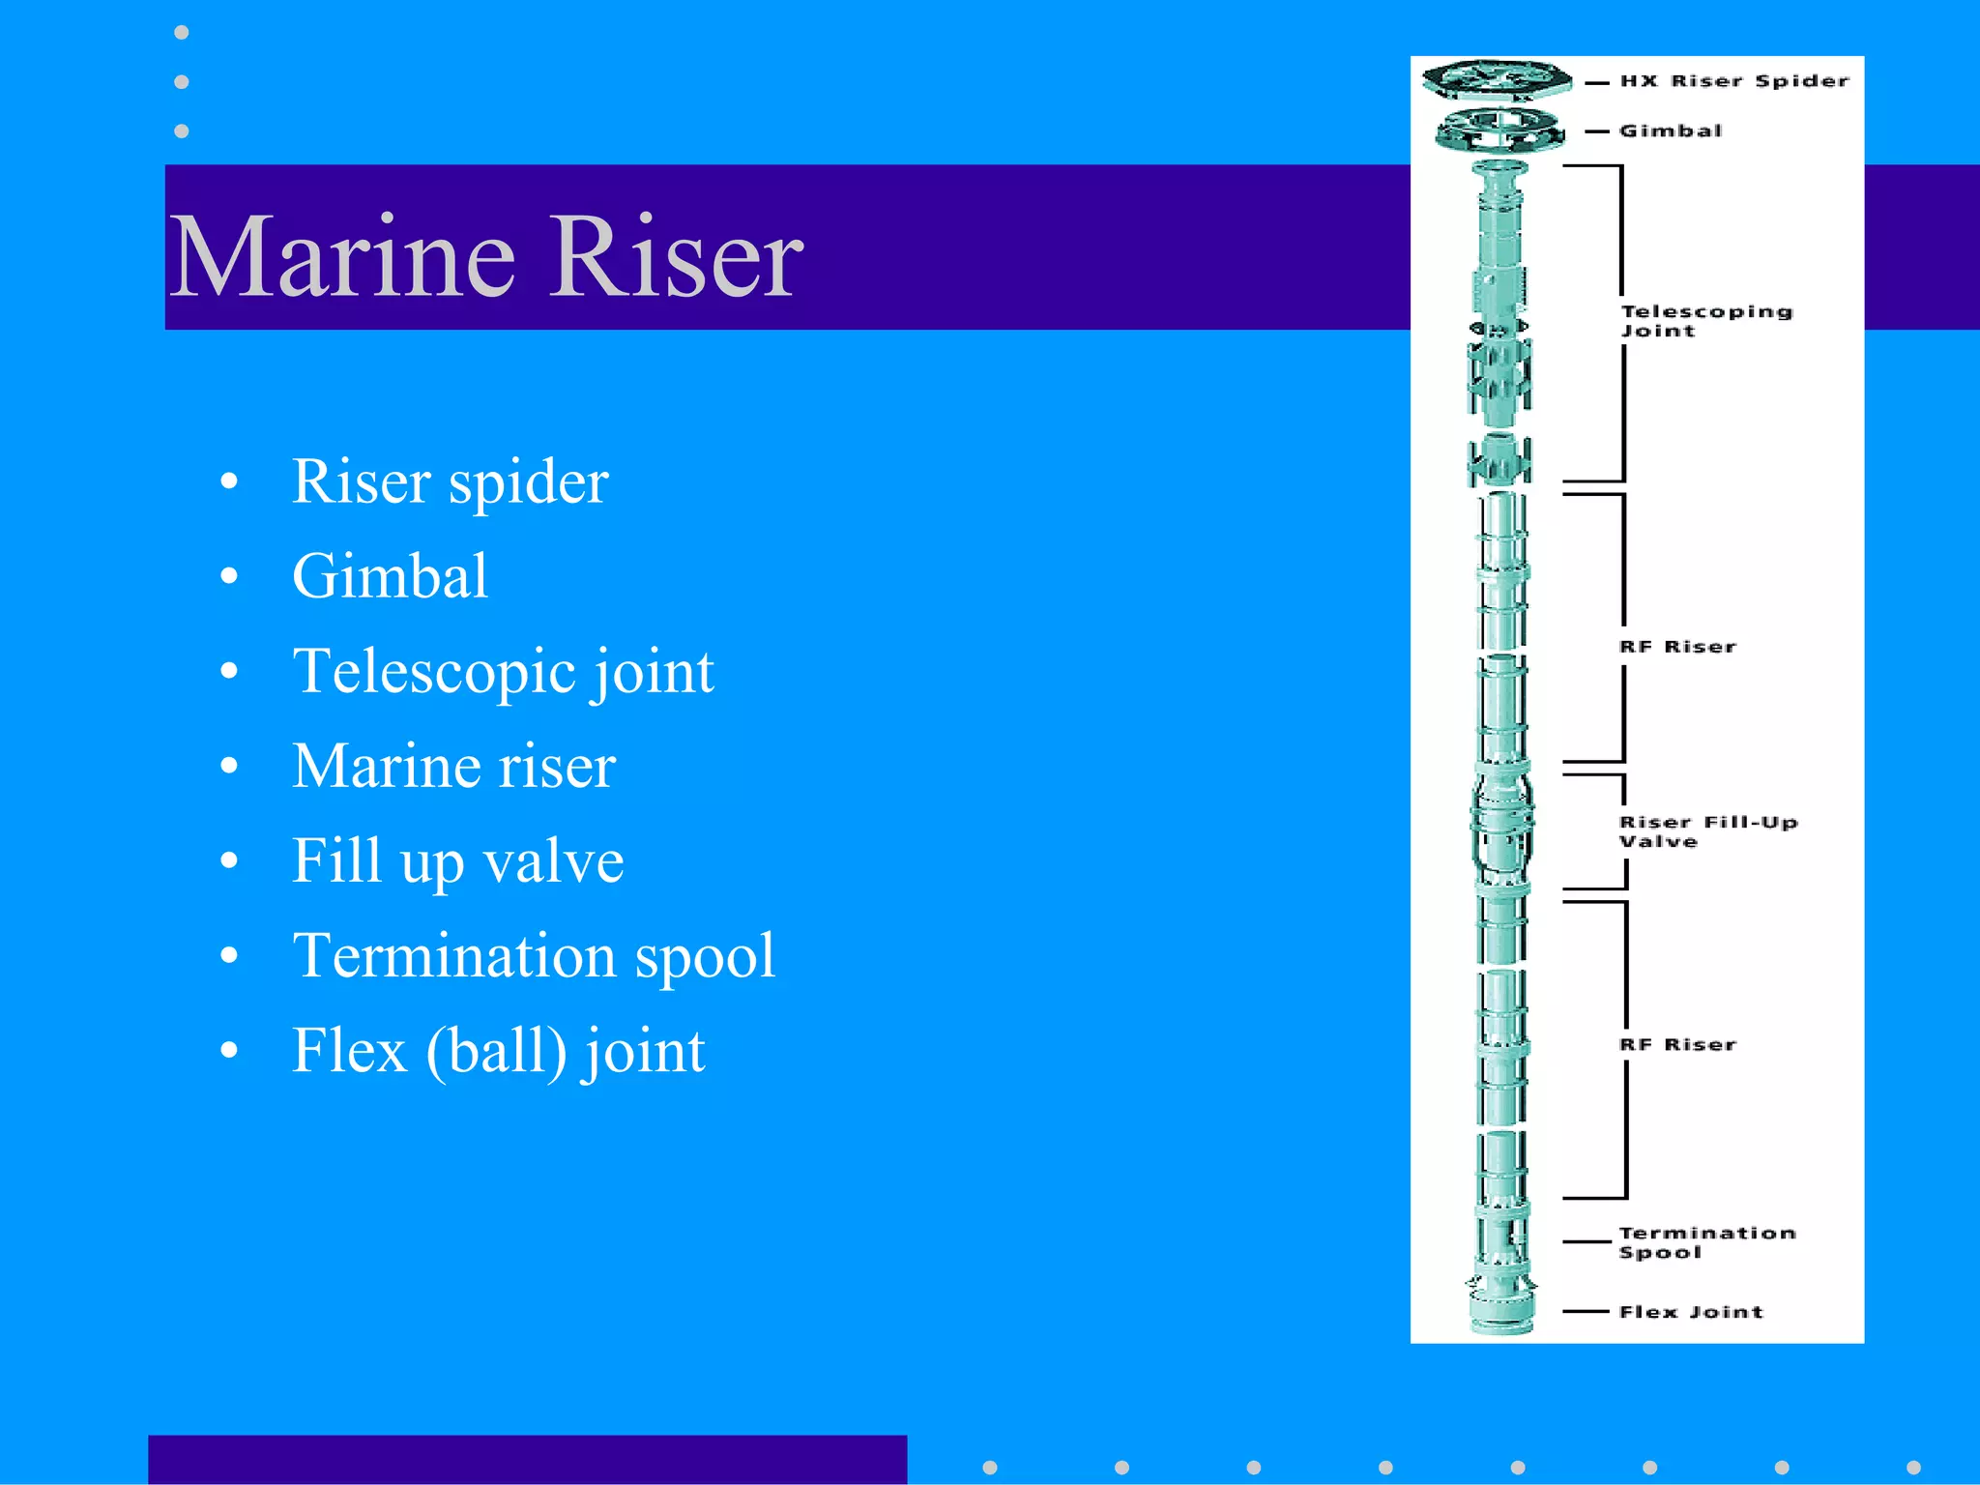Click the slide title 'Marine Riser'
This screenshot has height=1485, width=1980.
(x=485, y=256)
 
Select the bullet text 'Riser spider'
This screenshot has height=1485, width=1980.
(x=450, y=481)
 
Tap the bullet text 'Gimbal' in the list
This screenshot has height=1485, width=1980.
(x=390, y=576)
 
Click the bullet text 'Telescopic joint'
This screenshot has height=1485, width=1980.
(x=503, y=671)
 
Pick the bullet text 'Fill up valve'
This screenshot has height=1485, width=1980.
(x=457, y=860)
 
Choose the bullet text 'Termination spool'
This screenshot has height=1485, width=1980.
(x=534, y=955)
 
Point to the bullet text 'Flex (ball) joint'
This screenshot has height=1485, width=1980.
(x=498, y=1050)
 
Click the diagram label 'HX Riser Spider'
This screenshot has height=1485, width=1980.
(x=1734, y=81)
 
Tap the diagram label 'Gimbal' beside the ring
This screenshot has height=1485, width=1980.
(x=1670, y=131)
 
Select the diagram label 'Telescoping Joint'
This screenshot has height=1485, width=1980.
(x=1705, y=321)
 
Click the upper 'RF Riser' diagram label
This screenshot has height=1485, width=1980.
(x=1677, y=647)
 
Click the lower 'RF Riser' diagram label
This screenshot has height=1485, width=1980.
(x=1677, y=1045)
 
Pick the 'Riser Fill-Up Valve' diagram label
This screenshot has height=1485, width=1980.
(x=1707, y=831)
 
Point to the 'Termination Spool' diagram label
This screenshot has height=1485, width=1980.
(x=1706, y=1242)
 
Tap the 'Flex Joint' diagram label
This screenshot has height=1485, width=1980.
(x=1691, y=1312)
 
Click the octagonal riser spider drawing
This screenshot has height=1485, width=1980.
(x=1497, y=79)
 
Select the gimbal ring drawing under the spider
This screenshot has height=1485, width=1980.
(x=1500, y=131)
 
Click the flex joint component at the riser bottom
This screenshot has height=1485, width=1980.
(x=1501, y=1305)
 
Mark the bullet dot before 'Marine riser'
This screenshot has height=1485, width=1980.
(x=229, y=766)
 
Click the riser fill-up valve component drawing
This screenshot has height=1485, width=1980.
(x=1501, y=827)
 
